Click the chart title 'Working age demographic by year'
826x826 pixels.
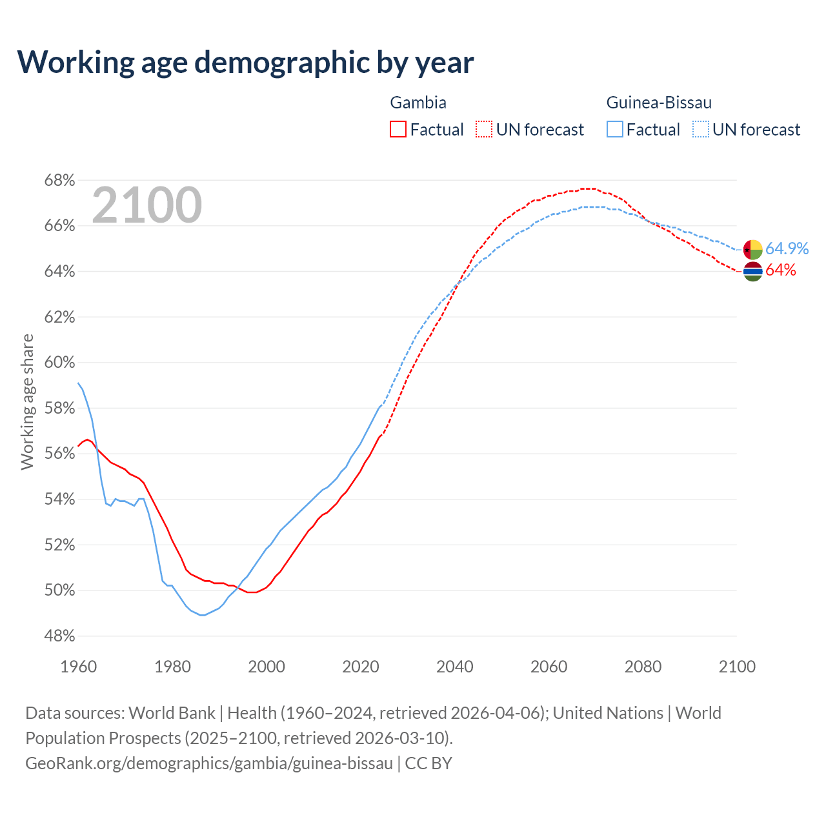point(245,62)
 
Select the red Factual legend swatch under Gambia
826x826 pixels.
point(398,129)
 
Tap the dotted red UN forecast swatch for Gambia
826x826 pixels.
point(484,129)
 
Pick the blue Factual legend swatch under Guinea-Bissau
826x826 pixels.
point(615,129)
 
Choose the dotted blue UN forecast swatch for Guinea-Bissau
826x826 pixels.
point(701,129)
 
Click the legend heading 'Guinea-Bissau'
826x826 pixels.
point(659,103)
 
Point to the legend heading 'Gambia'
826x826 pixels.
point(418,103)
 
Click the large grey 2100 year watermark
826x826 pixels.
point(147,205)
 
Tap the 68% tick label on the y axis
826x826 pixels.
point(59,180)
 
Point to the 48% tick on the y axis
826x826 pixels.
point(59,636)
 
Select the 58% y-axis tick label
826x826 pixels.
point(59,408)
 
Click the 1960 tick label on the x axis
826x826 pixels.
point(78,667)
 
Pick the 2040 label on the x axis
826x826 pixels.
point(455,667)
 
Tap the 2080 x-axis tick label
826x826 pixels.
point(643,667)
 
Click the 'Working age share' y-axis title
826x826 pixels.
point(27,401)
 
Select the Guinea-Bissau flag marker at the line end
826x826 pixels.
point(753,249)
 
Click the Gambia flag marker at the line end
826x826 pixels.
point(753,272)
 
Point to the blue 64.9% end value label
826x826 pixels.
point(787,249)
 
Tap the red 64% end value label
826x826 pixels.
point(781,270)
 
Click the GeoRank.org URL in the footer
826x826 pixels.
point(209,763)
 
